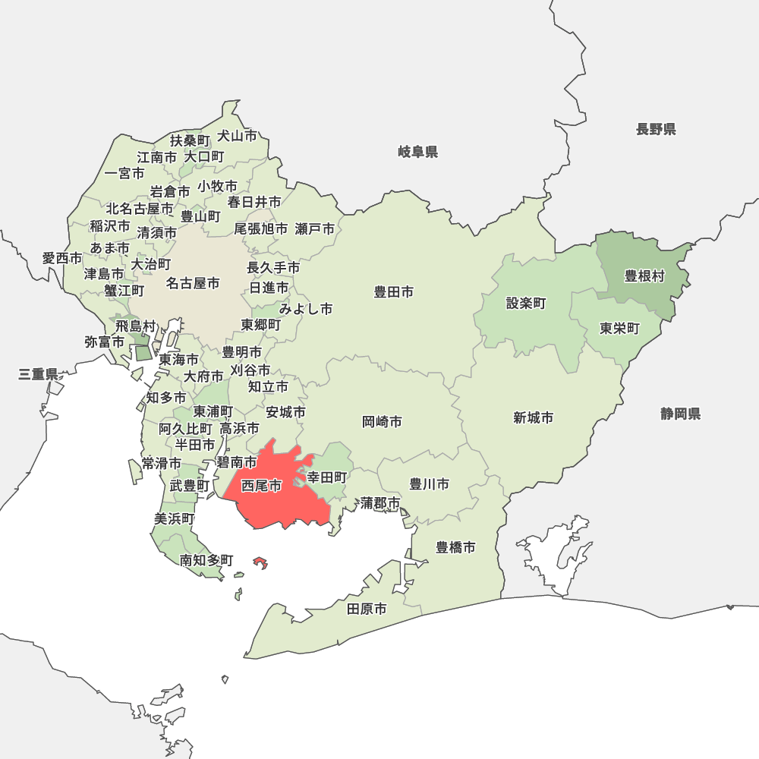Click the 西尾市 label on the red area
pos(261,486)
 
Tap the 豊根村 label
pos(644,276)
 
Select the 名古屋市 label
pos(193,283)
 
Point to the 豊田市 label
pos(394,291)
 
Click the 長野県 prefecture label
pos(656,129)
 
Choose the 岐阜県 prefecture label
pos(418,152)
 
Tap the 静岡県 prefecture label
pos(680,414)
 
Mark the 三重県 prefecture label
pos(39,374)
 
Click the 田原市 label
pos(367,609)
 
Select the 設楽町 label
pos(526,304)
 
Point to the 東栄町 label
pos(619,329)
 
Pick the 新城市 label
pos(533,417)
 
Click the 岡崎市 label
pos(382,421)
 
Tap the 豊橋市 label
pos(455,546)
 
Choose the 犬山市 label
pos(237,136)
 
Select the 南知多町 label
pos(206,560)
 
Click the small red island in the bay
pos(260,563)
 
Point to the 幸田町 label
pos(326,477)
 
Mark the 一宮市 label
pos(124,173)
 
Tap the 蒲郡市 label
pos(380,502)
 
